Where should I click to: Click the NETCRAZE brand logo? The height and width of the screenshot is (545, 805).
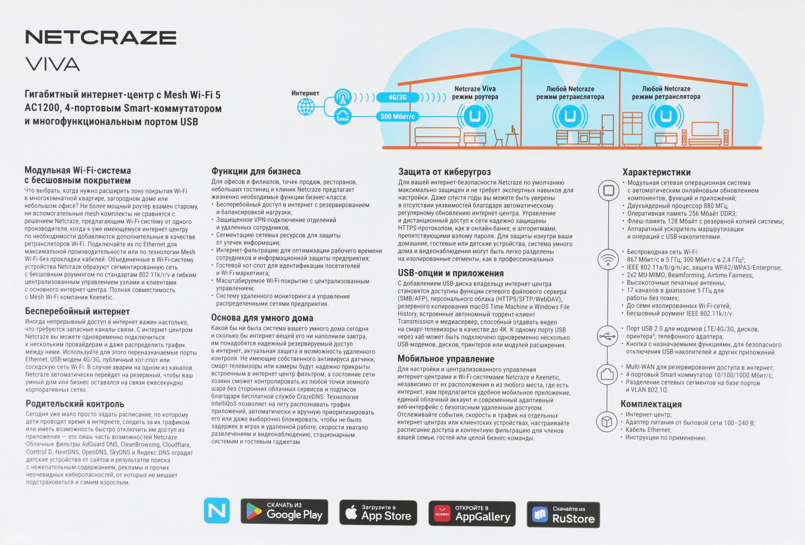pyautogui.click(x=101, y=37)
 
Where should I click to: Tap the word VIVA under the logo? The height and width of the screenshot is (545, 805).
pyautogui.click(x=53, y=64)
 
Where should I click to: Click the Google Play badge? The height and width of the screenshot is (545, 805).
pyautogui.click(x=284, y=512)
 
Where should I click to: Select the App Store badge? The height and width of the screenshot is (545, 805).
pyautogui.click(x=378, y=513)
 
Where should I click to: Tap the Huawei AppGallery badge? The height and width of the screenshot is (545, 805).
pyautogui.click(x=472, y=514)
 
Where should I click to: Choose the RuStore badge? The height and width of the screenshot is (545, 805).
pyautogui.click(x=563, y=515)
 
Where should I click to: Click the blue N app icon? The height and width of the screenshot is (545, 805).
pyautogui.click(x=217, y=510)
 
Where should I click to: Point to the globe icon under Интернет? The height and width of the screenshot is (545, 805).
pyautogui.click(x=306, y=107)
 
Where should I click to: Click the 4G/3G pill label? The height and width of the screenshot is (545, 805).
pyautogui.click(x=397, y=97)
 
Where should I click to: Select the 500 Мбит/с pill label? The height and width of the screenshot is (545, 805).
pyautogui.click(x=397, y=117)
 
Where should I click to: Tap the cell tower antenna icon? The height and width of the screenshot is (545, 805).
pyautogui.click(x=343, y=97)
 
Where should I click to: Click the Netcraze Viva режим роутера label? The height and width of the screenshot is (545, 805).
pyautogui.click(x=475, y=93)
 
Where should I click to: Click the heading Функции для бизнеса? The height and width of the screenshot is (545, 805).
pyautogui.click(x=256, y=171)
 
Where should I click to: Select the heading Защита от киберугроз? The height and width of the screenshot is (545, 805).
pyautogui.click(x=444, y=172)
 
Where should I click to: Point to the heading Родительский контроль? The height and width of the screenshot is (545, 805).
pyautogui.click(x=75, y=404)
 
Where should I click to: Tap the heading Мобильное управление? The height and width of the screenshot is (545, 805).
pyautogui.click(x=446, y=359)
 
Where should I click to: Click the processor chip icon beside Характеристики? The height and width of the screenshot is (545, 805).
pyautogui.click(x=608, y=190)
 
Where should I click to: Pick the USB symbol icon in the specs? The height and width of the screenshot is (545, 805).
pyautogui.click(x=607, y=336)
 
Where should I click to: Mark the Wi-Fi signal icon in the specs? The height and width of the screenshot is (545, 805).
pyautogui.click(x=608, y=259)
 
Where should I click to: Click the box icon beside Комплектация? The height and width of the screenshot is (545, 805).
pyautogui.click(x=607, y=421)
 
